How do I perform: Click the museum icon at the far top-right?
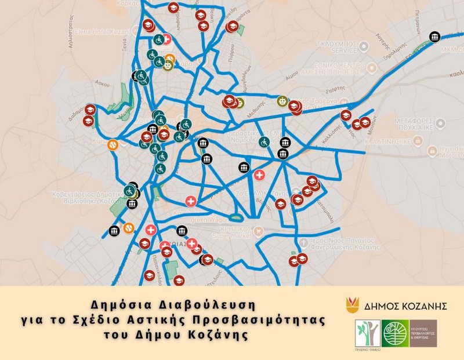tap(434, 38)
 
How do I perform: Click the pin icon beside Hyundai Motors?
tap(432, 151)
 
